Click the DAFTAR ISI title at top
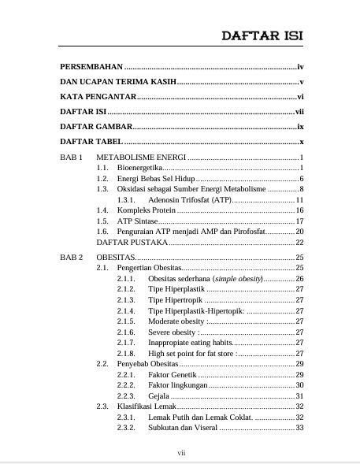click(x=262, y=36)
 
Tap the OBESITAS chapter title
click(x=116, y=258)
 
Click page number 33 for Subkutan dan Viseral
click(x=299, y=428)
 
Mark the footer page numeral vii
click(x=180, y=454)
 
